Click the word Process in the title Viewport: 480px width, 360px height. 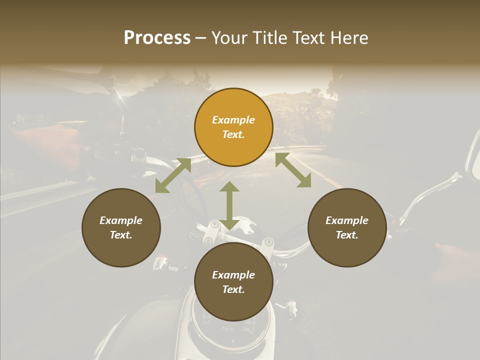pos(157,38)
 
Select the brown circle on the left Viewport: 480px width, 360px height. pos(121,227)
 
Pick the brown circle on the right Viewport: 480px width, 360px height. pos(347,227)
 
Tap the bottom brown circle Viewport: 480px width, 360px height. pos(233,282)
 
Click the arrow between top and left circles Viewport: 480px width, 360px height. pos(173,175)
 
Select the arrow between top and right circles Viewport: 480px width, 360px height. pos(293,170)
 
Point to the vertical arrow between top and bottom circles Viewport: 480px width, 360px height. pos(229,205)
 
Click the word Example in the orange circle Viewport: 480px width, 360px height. pos(233,120)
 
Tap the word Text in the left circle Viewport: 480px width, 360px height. pos(121,235)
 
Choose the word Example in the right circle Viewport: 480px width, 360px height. pos(347,220)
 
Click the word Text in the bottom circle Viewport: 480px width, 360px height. pos(233,289)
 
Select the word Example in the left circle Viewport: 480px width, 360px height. pos(121,220)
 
